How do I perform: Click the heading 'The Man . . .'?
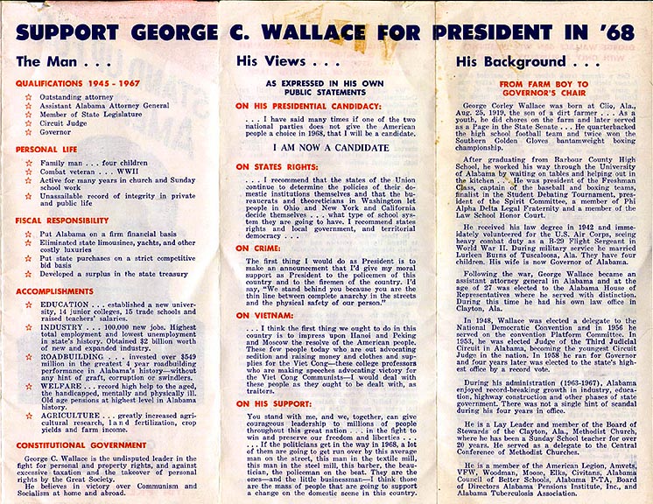click(53, 61)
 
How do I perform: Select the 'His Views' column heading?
click(279, 61)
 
